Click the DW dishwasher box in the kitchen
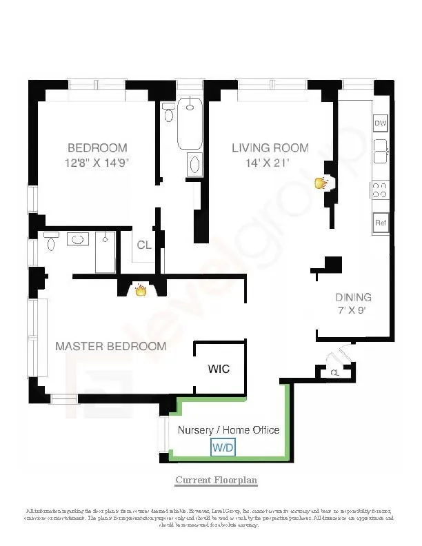[380, 123]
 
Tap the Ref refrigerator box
[380, 223]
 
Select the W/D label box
[223, 448]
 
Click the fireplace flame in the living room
[320, 183]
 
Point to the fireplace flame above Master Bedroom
[141, 290]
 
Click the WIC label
[219, 370]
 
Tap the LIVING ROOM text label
[270, 148]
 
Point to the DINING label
[353, 297]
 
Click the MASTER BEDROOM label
[110, 346]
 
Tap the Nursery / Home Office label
[229, 429]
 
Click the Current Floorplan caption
[216, 480]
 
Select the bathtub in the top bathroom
[190, 123]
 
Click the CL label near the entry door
[334, 373]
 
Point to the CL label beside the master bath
[143, 245]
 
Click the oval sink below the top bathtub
[194, 165]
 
